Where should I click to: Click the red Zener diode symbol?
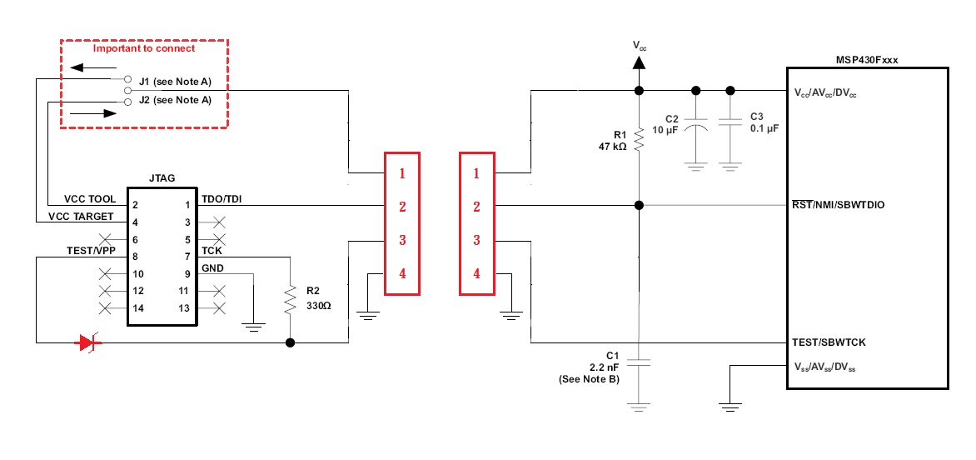click(88, 342)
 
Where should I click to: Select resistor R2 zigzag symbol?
click(290, 299)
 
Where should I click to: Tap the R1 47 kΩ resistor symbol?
click(639, 140)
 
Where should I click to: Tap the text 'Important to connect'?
click(144, 48)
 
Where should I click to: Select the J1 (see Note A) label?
click(175, 80)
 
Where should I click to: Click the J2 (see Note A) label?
click(175, 100)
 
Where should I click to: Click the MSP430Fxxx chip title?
click(866, 60)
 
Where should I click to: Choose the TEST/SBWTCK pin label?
click(829, 342)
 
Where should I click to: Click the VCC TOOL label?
click(90, 199)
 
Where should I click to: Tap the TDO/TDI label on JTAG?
click(222, 199)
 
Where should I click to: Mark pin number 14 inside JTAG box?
click(137, 307)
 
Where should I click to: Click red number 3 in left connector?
click(402, 240)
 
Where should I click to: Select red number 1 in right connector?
click(477, 173)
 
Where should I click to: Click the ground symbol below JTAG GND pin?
click(253, 326)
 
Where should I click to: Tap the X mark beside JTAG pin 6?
click(106, 238)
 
